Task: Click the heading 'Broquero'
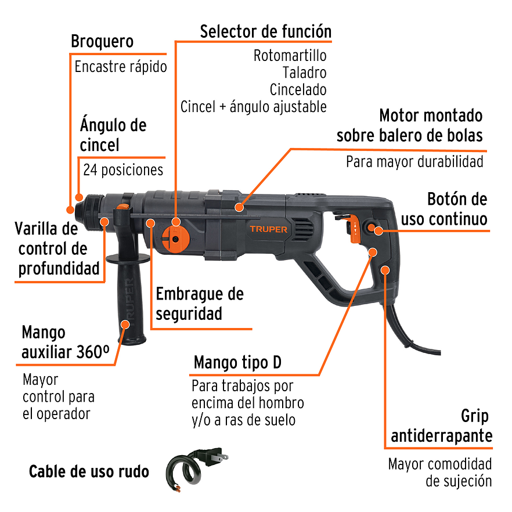[102, 42]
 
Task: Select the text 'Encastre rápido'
[121, 66]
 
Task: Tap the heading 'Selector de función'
[265, 31]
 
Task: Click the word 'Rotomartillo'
[290, 56]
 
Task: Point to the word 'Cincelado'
[298, 90]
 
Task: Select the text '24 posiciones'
[123, 170]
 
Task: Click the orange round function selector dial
[175, 238]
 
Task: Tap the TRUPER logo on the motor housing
[268, 229]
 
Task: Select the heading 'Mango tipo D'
[237, 363]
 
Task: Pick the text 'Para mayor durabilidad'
[414, 161]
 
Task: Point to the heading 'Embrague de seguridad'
[199, 304]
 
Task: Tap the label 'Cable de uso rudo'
[89, 471]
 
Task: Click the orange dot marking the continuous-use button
[378, 230]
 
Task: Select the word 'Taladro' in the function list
[304, 73]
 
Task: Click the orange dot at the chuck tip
[70, 209]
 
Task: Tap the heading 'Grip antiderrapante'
[441, 426]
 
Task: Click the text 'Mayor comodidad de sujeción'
[439, 473]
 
